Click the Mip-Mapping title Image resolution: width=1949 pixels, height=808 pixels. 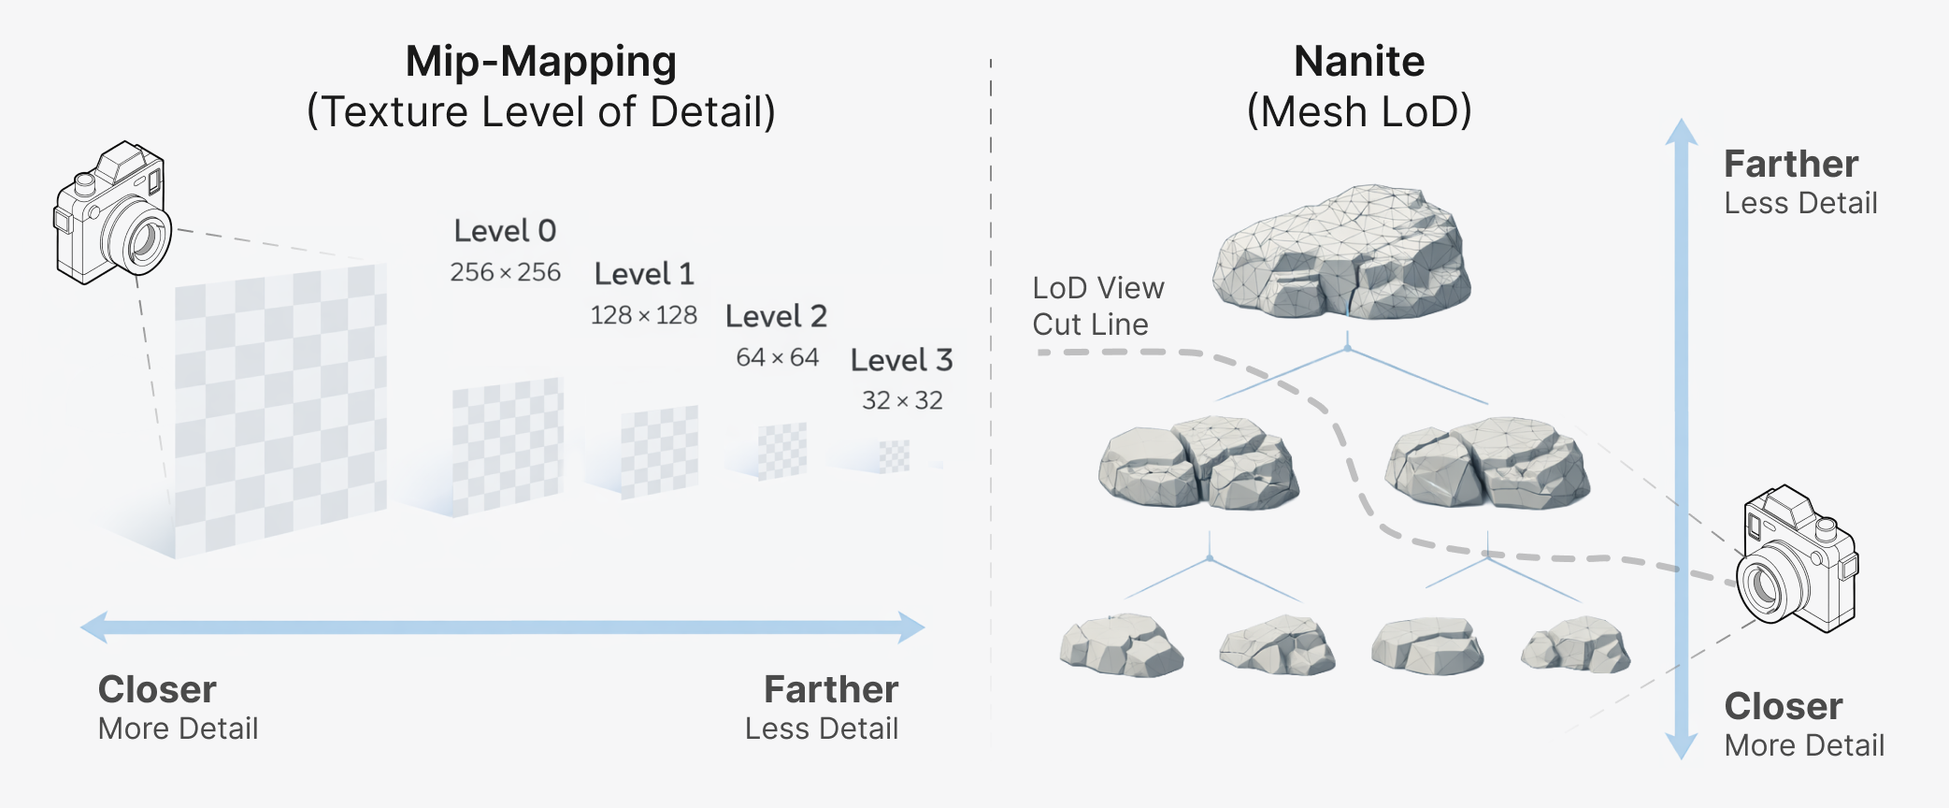pyautogui.click(x=540, y=63)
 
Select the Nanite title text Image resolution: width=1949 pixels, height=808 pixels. pyautogui.click(x=1358, y=63)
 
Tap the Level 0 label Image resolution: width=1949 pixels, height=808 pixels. pyautogui.click(x=505, y=231)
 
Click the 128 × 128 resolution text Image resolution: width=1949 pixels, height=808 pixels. pyautogui.click(x=643, y=315)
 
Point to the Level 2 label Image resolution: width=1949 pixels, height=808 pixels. pyautogui.click(x=776, y=317)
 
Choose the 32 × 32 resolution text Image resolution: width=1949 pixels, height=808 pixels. pyautogui.click(x=902, y=400)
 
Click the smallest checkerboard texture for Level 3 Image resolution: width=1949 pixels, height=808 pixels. pyautogui.click(x=895, y=456)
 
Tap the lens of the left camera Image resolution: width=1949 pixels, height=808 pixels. pyautogui.click(x=143, y=240)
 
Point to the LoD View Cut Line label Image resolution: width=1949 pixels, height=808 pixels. pyautogui.click(x=1097, y=306)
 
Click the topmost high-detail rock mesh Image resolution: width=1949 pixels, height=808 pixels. pyautogui.click(x=1341, y=252)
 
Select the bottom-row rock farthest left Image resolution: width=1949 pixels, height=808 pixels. pyautogui.click(x=1121, y=645)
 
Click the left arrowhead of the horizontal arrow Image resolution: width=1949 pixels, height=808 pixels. pyautogui.click(x=94, y=627)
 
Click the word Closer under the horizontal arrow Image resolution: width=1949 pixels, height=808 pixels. pyautogui.click(x=157, y=690)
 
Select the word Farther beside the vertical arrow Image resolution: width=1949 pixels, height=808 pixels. pyautogui.click(x=1791, y=165)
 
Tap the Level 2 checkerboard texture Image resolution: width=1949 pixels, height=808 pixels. pyautogui.click(x=781, y=451)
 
